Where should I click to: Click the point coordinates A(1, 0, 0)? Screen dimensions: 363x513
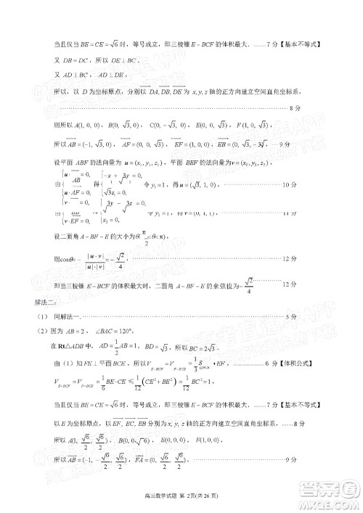81,124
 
